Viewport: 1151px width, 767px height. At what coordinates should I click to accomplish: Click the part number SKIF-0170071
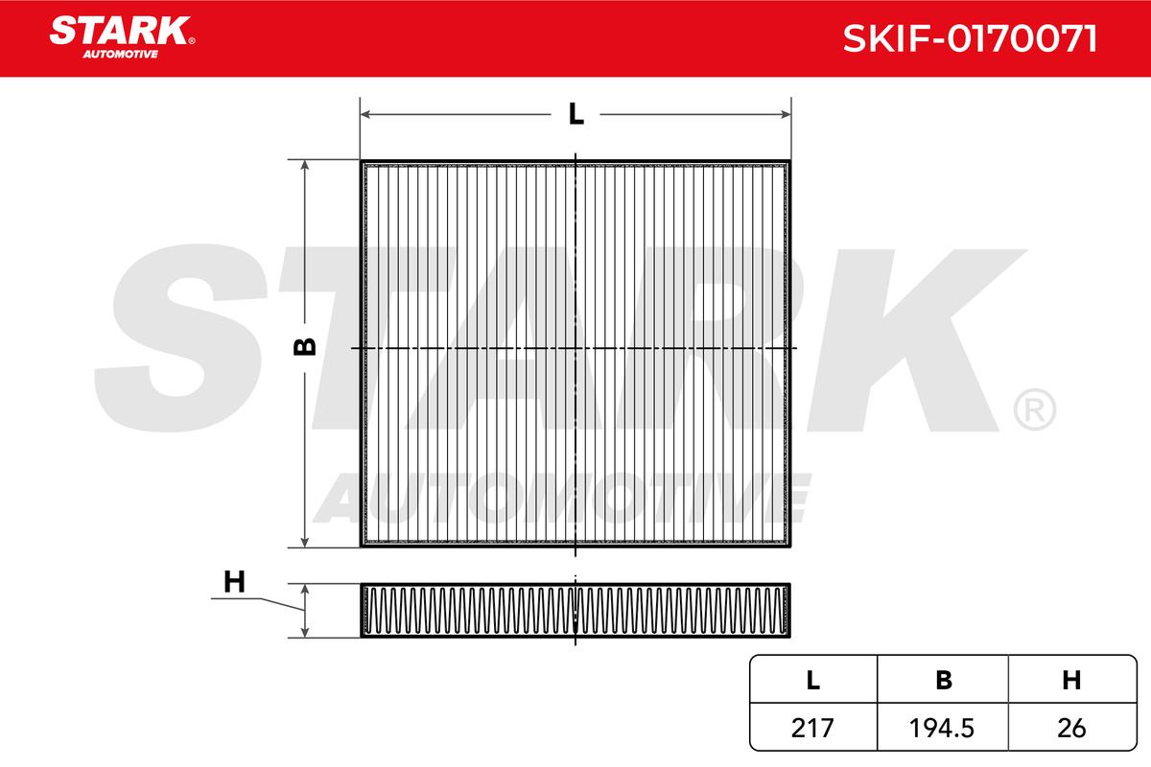pyautogui.click(x=970, y=38)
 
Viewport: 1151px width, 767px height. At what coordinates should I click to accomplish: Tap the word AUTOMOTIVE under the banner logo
pyautogui.click(x=121, y=55)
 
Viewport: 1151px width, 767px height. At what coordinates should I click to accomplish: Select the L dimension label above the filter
pyautogui.click(x=576, y=114)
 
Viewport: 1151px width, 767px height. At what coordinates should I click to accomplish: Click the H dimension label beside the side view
pyautogui.click(x=234, y=583)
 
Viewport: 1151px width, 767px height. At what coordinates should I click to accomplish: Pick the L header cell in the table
pyautogui.click(x=813, y=680)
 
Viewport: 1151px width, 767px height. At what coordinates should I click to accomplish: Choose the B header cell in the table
pyautogui.click(x=944, y=680)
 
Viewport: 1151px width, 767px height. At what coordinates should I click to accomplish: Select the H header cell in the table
pyautogui.click(x=1071, y=680)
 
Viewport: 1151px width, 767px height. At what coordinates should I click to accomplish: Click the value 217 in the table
pyautogui.click(x=812, y=728)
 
